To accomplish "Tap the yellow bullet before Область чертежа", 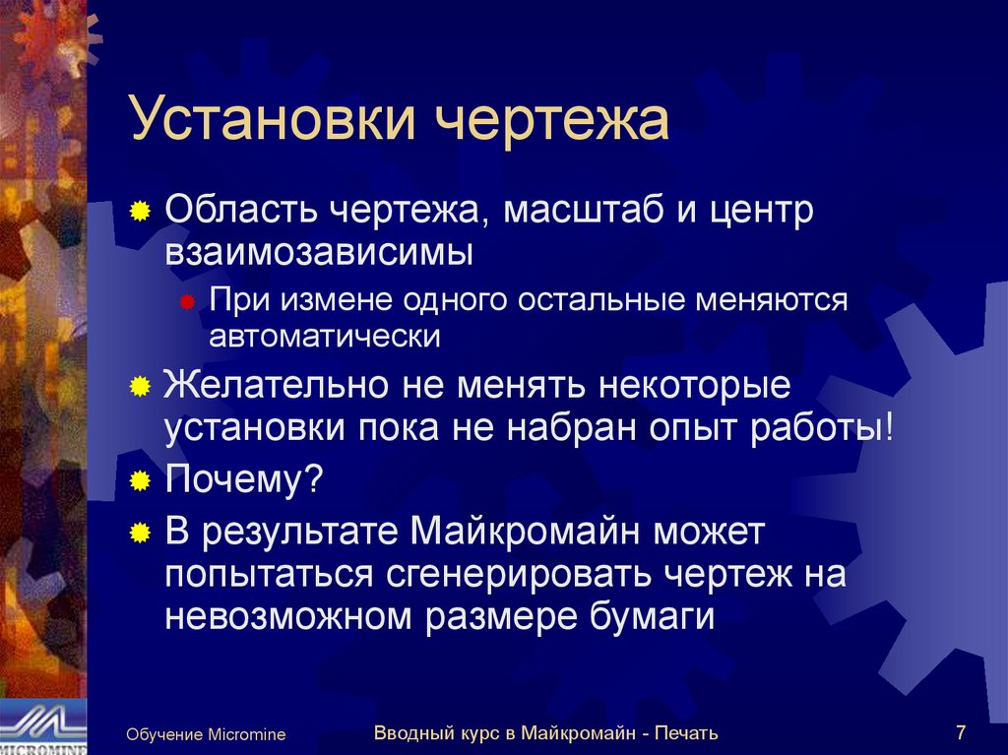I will pos(141,212).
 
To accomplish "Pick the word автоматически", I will pos(324,336).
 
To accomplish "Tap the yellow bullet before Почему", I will pos(141,481).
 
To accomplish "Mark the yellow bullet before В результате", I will pos(141,533).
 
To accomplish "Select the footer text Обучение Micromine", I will pos(206,734).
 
